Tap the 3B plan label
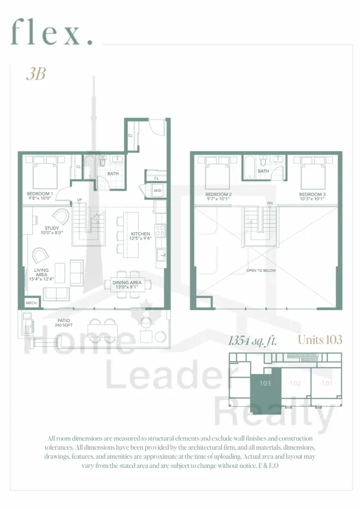coord(36,74)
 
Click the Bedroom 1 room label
coord(40,196)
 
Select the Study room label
coord(51,230)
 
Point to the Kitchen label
coord(140,236)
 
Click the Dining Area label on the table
coord(127,285)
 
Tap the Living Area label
coord(41,274)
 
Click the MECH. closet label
coord(32,303)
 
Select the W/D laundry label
coord(158,191)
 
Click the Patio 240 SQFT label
coord(64,323)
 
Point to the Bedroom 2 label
coord(219,196)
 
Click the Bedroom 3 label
coord(312,196)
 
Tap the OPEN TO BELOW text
coord(261,270)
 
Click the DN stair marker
coord(270,203)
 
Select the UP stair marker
coord(80,199)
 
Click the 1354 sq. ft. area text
coord(253,341)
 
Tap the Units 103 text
coord(320,340)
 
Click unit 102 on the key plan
coord(295,383)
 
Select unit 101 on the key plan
coord(327,383)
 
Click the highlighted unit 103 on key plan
coord(265,389)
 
